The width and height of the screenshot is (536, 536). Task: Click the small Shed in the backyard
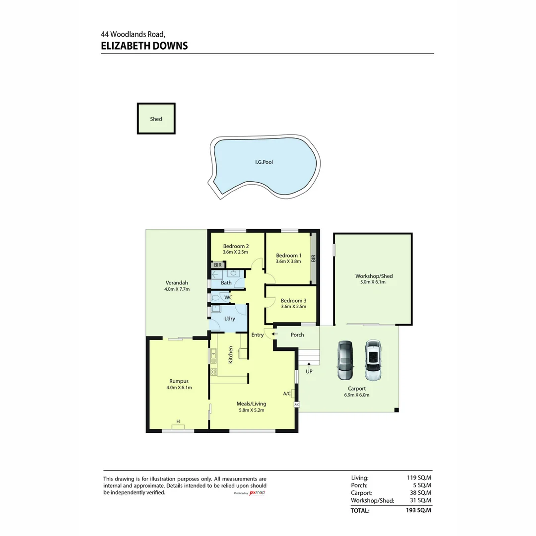tap(156, 119)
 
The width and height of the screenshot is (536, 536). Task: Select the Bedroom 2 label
tap(236, 246)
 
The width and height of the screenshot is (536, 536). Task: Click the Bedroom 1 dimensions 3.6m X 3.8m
tap(288, 262)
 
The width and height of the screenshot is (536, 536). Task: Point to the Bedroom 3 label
tap(293, 300)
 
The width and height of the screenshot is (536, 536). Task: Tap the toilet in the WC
tap(216, 298)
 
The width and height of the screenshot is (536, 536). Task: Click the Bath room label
tap(226, 283)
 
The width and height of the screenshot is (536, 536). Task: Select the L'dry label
tap(230, 319)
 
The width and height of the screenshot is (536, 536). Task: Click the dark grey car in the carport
tap(345, 360)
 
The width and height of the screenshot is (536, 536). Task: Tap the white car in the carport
tap(373, 360)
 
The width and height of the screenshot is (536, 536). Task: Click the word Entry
tap(258, 335)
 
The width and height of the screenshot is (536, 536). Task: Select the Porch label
tap(297, 335)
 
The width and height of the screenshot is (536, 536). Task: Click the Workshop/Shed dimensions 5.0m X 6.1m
tap(373, 282)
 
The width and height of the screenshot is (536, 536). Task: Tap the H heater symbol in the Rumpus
tap(178, 422)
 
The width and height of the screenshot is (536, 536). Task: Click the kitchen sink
tap(213, 354)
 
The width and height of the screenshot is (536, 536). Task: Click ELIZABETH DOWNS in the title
tap(144, 46)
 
